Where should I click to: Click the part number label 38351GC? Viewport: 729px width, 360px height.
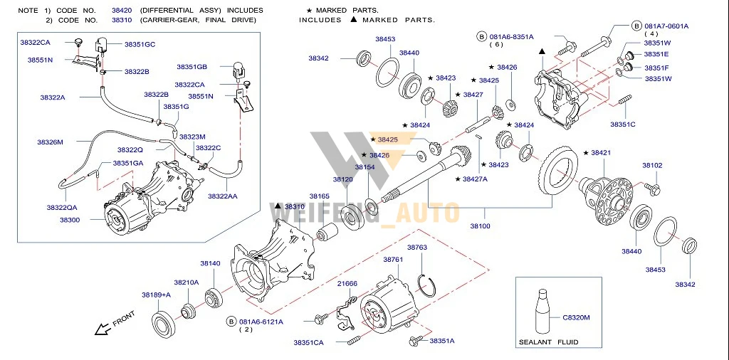pos(140,44)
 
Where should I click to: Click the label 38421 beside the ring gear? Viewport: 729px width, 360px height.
pos(597,153)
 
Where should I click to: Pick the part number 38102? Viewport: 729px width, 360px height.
pos(652,166)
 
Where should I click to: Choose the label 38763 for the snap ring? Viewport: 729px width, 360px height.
pos(416,248)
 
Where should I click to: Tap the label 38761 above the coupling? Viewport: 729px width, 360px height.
pos(393,260)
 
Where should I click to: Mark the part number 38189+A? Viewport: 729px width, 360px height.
pos(156,295)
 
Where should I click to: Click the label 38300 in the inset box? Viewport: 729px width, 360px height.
pos(70,221)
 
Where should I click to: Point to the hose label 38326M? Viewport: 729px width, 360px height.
pos(51,142)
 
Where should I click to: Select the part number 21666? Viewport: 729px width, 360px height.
pos(347,283)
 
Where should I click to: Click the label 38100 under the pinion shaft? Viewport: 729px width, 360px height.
pos(480,226)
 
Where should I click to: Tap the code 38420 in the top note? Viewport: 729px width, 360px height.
pos(121,11)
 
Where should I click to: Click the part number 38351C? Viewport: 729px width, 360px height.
pos(622,125)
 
